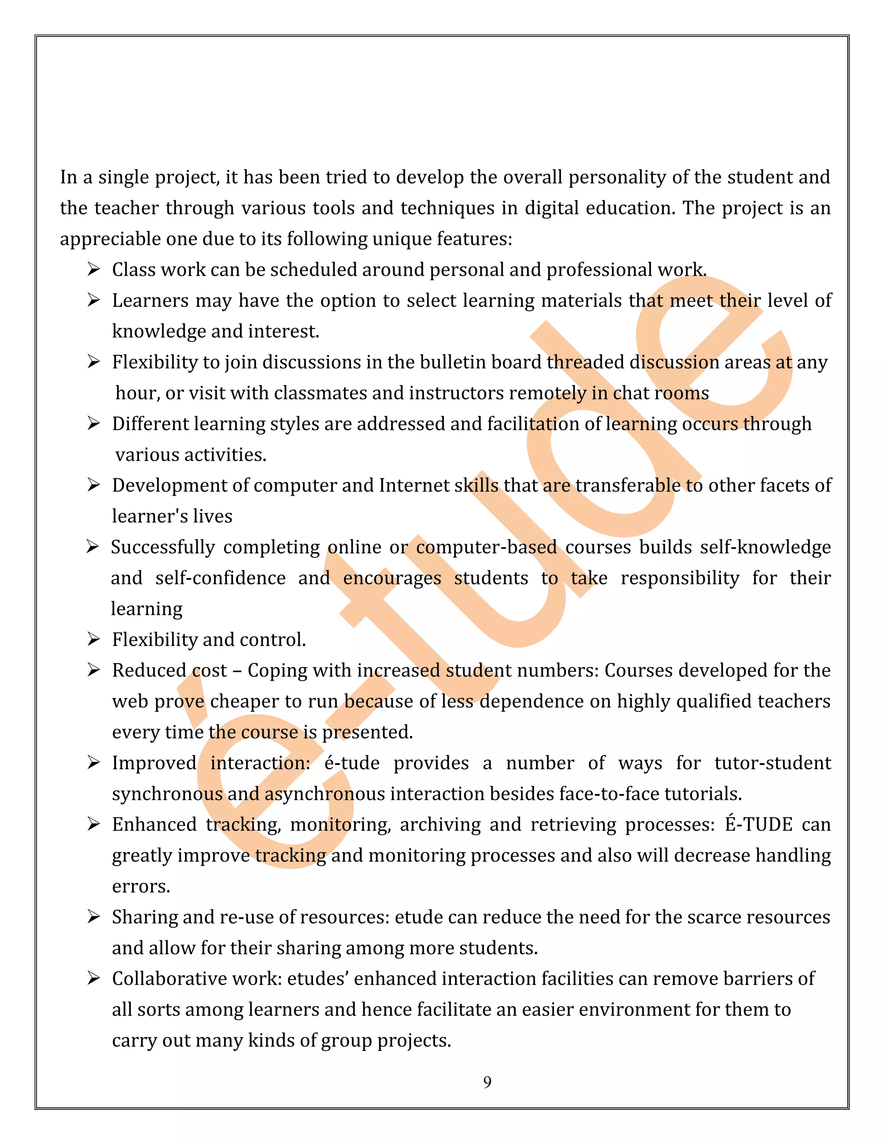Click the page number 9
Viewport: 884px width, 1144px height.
click(487, 1082)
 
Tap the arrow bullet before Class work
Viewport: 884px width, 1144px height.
click(93, 270)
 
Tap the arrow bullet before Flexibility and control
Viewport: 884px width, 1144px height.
click(93, 640)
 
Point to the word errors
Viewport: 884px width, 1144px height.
click(141, 886)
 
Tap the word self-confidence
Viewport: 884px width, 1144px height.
click(221, 578)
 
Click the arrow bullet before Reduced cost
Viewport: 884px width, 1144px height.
click(93, 670)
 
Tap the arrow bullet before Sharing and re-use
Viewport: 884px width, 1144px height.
click(93, 917)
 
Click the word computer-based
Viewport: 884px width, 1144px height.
click(486, 547)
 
